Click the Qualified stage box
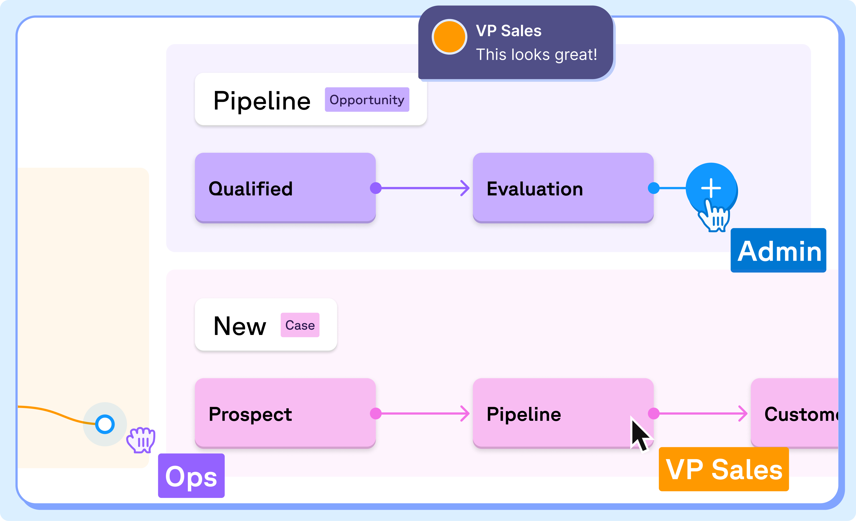[285, 188]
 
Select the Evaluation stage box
[563, 188]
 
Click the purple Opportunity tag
[367, 100]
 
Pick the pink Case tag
[300, 325]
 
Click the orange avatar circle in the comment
[449, 37]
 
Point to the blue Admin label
[778, 250]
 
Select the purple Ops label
[191, 476]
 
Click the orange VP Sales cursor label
[724, 469]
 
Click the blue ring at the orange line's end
[105, 424]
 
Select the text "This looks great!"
[536, 54]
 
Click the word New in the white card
[240, 326]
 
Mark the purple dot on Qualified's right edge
[375, 188]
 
